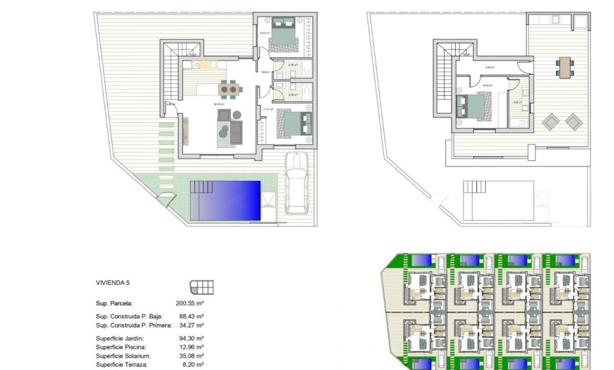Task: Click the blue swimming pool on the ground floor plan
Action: point(225,200)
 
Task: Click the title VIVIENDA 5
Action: point(113,283)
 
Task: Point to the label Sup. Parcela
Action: point(114,303)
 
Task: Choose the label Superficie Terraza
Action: point(121,364)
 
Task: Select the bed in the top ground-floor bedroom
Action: point(284,33)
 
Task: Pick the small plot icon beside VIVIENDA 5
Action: point(201,287)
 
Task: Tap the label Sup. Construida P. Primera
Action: point(134,325)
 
